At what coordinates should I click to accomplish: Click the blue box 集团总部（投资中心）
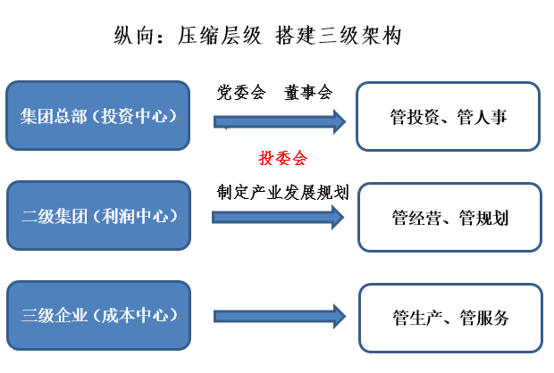(x=97, y=116)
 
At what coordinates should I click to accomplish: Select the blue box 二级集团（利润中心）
(x=97, y=216)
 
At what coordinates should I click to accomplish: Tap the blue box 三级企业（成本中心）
(x=97, y=315)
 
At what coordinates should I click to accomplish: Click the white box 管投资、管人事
(x=448, y=117)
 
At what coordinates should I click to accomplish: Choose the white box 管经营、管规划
(x=449, y=218)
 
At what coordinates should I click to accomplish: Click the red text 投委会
(x=282, y=159)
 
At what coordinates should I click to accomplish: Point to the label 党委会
(x=241, y=92)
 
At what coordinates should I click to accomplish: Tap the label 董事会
(x=308, y=92)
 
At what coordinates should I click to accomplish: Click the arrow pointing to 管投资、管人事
(x=280, y=120)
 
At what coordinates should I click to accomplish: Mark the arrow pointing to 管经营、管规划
(x=280, y=216)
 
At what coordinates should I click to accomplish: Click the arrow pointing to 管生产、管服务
(x=280, y=315)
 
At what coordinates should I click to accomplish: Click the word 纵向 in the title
(x=132, y=36)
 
